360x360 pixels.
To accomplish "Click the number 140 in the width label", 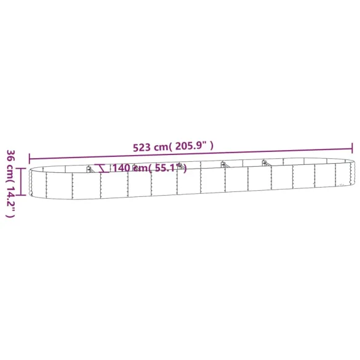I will (121, 168).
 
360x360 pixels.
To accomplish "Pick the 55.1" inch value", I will (172, 168).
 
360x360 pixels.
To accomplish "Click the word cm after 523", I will (161, 147).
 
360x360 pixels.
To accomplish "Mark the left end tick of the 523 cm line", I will (28, 158).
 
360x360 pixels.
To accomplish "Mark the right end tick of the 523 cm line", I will (352, 148).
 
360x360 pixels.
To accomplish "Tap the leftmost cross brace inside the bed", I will (90, 169).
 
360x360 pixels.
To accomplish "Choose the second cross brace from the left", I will (180, 166).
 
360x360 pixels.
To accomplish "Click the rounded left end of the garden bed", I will (32, 179).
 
